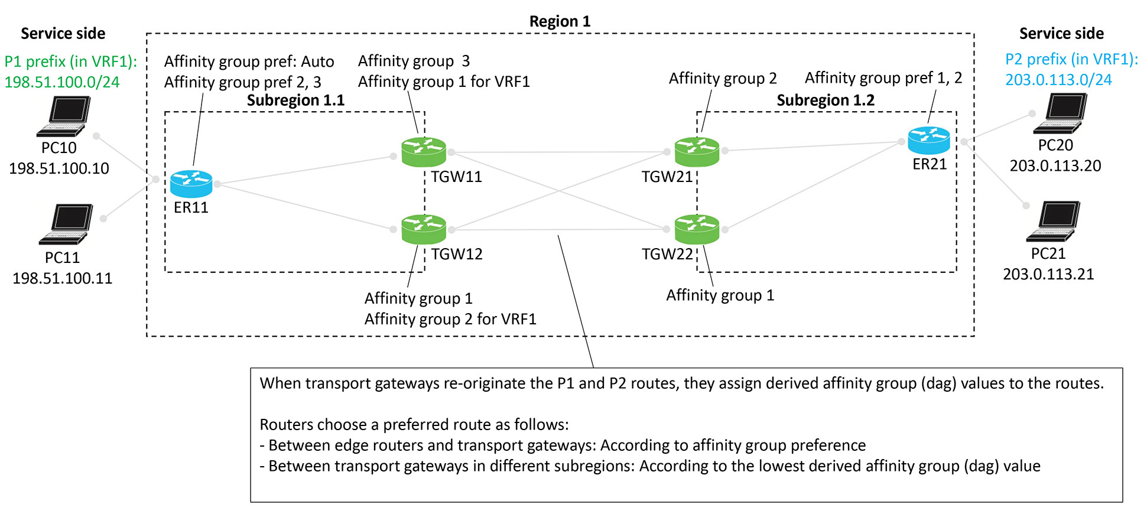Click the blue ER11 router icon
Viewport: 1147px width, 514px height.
pyautogui.click(x=191, y=184)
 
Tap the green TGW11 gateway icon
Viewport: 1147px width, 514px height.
pyautogui.click(x=423, y=152)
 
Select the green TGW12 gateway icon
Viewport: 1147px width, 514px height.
pyautogui.click(x=423, y=229)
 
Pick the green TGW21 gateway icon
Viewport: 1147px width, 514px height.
pyautogui.click(x=697, y=152)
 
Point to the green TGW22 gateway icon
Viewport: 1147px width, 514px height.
pyautogui.click(x=697, y=229)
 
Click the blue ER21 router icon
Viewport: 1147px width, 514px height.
pyautogui.click(x=928, y=141)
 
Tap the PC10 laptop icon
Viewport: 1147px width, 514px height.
pyautogui.click(x=64, y=116)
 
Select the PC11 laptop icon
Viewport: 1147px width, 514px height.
pyautogui.click(x=67, y=224)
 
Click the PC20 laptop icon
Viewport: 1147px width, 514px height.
pyautogui.click(x=1060, y=113)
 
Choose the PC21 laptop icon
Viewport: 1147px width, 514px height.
pyautogui.click(x=1054, y=222)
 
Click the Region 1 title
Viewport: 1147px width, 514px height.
pyautogui.click(x=560, y=22)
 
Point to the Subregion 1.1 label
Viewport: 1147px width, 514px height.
pyautogui.click(x=295, y=100)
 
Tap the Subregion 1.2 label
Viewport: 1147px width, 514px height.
pyautogui.click(x=825, y=100)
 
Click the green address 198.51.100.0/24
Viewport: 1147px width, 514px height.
pyautogui.click(x=62, y=82)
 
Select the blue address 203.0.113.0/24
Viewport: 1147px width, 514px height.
pyautogui.click(x=1058, y=80)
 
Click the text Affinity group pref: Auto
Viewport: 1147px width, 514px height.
pyautogui.click(x=249, y=61)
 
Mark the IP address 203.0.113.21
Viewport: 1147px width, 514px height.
pyautogui.click(x=1048, y=274)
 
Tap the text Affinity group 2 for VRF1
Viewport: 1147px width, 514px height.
pyautogui.click(x=450, y=319)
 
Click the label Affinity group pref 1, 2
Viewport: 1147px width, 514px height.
pyautogui.click(x=883, y=77)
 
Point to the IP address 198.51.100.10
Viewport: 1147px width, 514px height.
pyautogui.click(x=59, y=168)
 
